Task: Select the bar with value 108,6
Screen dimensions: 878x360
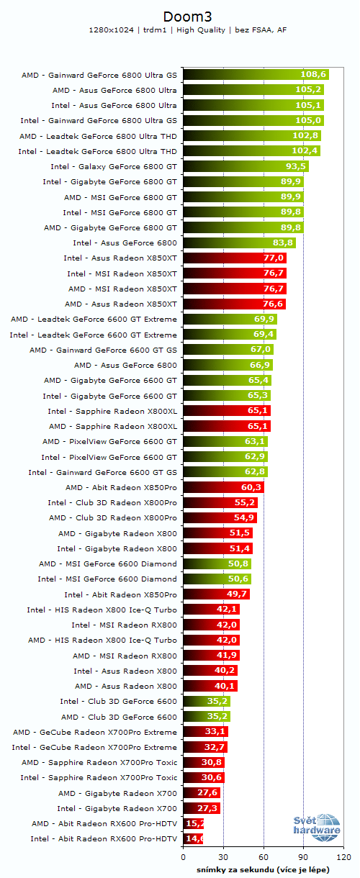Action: click(x=256, y=74)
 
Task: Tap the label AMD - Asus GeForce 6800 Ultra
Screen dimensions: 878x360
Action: click(x=114, y=90)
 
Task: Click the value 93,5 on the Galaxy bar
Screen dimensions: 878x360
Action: click(x=296, y=166)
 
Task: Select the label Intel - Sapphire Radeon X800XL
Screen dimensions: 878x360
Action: click(x=112, y=411)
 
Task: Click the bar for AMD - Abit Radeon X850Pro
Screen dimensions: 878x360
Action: click(x=223, y=487)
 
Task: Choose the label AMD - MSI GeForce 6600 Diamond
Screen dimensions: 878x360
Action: click(x=107, y=564)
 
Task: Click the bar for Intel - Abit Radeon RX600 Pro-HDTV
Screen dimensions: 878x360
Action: click(x=193, y=838)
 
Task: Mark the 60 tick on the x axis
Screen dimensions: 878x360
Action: click(x=264, y=857)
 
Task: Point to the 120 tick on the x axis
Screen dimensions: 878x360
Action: click(x=343, y=857)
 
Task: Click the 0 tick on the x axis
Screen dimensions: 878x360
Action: click(x=184, y=857)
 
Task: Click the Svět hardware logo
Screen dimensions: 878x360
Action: click(x=317, y=828)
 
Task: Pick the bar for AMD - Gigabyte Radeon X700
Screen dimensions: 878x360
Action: click(x=202, y=792)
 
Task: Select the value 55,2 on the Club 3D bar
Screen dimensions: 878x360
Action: click(x=246, y=502)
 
